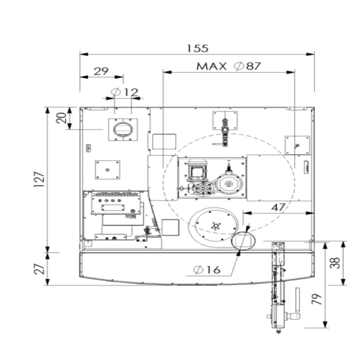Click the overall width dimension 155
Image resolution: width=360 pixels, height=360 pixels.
198,49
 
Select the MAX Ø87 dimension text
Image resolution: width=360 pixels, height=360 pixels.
229,66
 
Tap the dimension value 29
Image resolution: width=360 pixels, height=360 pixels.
101,71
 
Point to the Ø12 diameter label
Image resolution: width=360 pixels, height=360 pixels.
125,92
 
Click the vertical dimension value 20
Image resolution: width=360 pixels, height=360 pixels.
61,118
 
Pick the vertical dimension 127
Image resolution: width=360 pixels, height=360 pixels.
39,179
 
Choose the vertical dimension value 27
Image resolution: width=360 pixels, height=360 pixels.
39,269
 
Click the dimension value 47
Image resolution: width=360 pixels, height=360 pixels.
278,207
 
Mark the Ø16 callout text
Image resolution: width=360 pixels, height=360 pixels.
207,270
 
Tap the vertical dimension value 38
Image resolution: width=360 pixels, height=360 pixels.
335,263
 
